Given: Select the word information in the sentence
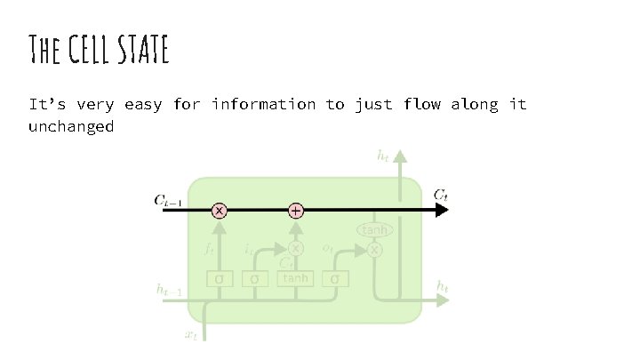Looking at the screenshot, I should click(x=263, y=105).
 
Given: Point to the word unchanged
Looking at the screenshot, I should click(x=71, y=126).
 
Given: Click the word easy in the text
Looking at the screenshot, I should click(x=143, y=105).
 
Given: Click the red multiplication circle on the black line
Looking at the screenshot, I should click(x=219, y=211).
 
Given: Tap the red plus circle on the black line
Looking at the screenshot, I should click(x=296, y=211).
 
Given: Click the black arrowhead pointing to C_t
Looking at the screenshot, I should click(x=442, y=211).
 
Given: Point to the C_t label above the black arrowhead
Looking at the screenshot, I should click(x=441, y=195).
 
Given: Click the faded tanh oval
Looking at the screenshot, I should click(x=374, y=231).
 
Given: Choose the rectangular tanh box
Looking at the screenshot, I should click(x=296, y=278).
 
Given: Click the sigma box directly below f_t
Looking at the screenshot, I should click(x=219, y=279).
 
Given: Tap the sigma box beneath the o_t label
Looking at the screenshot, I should click(x=335, y=279).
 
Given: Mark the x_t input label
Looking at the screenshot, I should click(x=191, y=333).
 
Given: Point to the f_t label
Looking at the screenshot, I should click(x=210, y=251).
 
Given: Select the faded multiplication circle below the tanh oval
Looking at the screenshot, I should click(x=374, y=251).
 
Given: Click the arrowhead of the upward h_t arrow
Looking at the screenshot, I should click(x=401, y=158).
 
